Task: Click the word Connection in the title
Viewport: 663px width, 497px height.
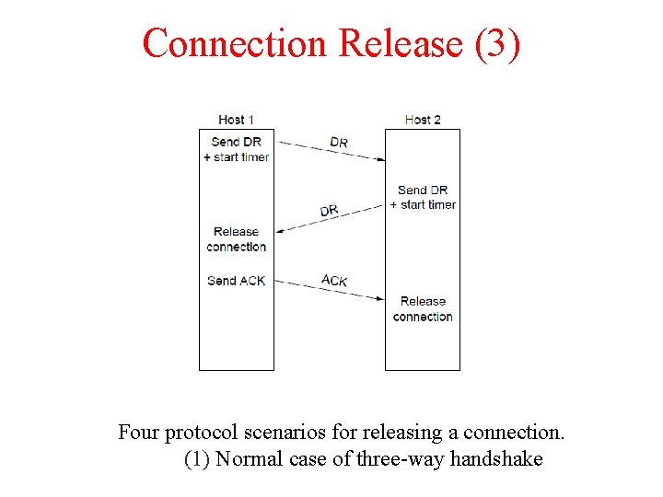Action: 235,43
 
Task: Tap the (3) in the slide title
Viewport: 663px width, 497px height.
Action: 497,43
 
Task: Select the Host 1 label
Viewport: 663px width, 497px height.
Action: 237,120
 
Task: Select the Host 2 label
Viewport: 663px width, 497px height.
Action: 423,120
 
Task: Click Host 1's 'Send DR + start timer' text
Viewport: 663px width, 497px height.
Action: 237,149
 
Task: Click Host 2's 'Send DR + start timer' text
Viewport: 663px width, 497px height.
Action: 423,197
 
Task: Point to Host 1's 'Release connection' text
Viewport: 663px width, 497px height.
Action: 237,239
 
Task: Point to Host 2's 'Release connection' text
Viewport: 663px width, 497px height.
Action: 423,308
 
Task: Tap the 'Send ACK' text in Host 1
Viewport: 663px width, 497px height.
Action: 237,281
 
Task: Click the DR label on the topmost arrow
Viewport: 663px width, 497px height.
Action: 339,143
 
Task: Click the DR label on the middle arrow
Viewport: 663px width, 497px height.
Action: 330,211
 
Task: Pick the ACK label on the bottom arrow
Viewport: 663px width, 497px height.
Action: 334,280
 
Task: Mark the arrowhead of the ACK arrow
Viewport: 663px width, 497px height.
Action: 379,297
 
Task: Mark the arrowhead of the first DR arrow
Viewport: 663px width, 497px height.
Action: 379,158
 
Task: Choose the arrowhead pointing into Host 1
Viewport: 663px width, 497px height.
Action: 279,231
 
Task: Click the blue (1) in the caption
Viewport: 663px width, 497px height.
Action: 198,458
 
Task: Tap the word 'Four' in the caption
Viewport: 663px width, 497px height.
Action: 139,431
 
